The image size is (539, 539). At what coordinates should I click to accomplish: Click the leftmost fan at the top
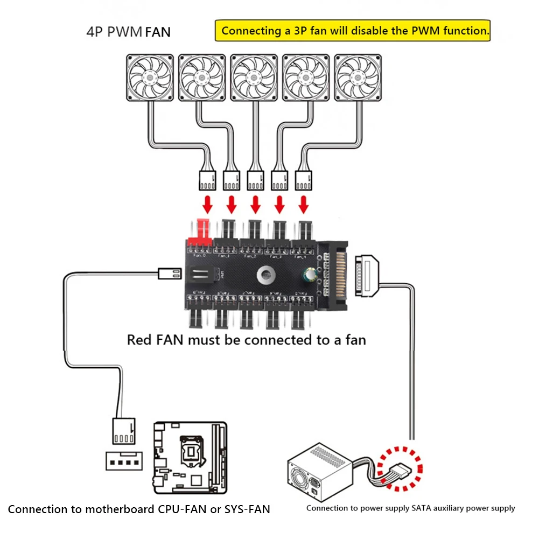pos(149,78)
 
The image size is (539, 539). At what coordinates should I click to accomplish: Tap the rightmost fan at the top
pos(358,78)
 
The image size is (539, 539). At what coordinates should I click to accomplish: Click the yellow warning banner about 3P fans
pos(353,31)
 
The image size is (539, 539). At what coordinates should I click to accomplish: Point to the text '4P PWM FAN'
pos(128,31)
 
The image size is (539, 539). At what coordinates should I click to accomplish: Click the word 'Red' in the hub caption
pos(139,340)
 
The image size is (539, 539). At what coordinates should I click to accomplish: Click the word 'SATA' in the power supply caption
pos(424,508)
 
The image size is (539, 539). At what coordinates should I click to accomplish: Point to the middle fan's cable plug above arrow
pos(255,180)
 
